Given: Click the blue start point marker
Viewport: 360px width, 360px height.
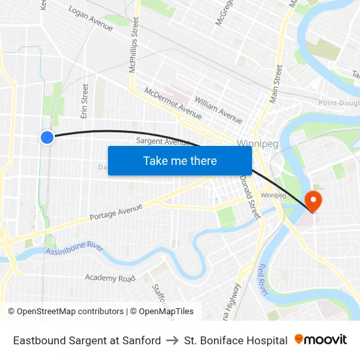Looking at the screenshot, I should click(47, 137).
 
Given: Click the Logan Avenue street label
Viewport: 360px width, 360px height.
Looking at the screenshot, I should click(90, 19).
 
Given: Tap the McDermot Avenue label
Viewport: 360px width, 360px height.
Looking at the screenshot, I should click(173, 103).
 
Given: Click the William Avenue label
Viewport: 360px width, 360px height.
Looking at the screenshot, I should click(219, 109).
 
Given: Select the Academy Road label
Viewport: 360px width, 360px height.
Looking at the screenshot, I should click(110, 278).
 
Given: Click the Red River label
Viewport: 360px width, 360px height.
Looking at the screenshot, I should click(262, 279).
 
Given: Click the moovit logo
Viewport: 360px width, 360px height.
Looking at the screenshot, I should click(320, 340).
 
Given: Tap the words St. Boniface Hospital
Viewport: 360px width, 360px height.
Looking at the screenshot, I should click(236, 340).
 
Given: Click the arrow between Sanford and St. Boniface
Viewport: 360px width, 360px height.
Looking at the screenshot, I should click(172, 340).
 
